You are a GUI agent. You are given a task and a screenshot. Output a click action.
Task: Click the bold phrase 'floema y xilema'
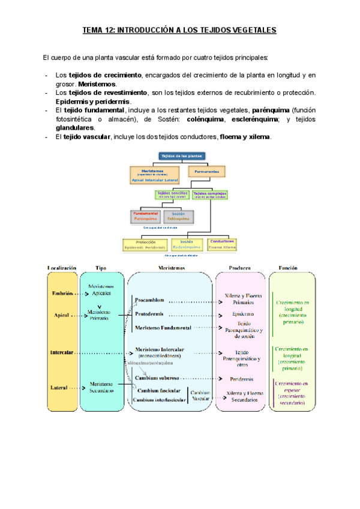(x=245, y=137)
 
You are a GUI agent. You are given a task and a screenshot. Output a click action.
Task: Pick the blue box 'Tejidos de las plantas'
(x=182, y=156)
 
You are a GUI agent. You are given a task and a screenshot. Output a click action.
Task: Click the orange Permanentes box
(x=206, y=171)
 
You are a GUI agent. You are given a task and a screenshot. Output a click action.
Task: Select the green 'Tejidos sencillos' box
(x=172, y=194)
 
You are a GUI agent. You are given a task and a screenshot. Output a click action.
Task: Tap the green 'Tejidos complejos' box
(x=208, y=194)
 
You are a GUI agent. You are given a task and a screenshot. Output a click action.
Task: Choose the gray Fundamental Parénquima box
(x=145, y=215)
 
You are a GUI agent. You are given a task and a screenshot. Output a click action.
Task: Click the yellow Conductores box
(x=222, y=244)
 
